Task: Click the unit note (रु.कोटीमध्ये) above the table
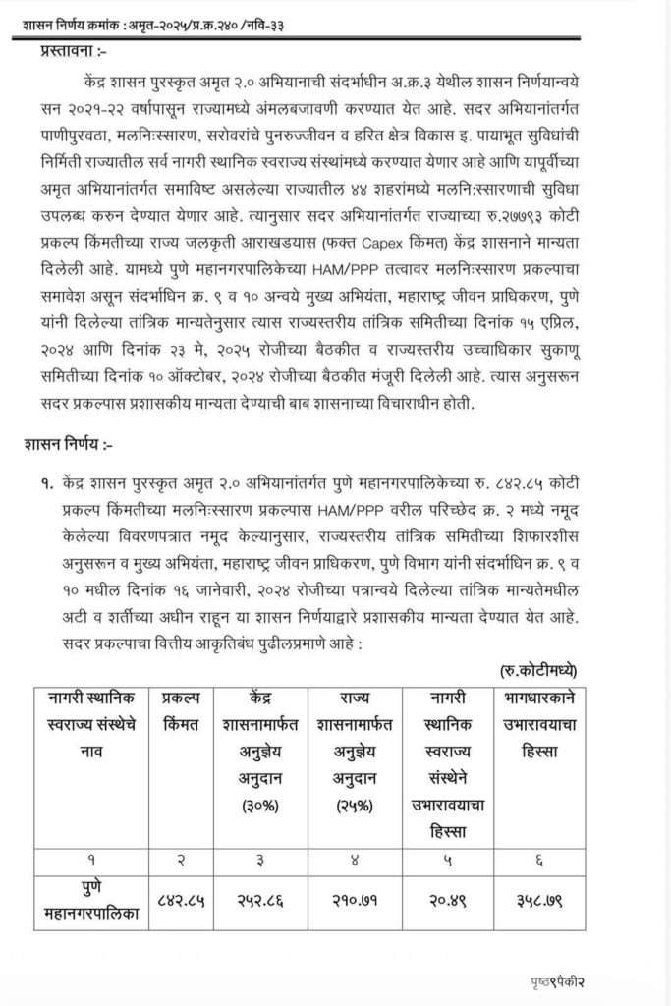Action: [x=539, y=671]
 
